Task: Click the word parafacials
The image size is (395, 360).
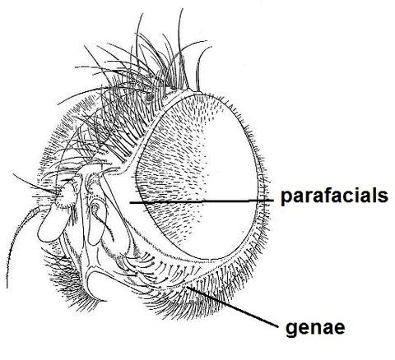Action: click(334, 196)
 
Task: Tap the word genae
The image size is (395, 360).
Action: click(315, 328)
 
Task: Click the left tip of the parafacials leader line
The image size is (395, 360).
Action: click(130, 203)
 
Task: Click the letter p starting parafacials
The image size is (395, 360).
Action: click(286, 198)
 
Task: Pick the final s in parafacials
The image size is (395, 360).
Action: click(383, 196)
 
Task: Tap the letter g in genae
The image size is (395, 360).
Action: click(291, 330)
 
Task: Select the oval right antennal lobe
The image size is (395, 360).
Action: click(96, 224)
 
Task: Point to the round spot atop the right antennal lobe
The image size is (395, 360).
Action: click(95, 206)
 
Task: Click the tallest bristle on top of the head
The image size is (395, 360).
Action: click(183, 48)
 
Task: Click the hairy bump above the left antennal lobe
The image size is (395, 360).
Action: click(65, 196)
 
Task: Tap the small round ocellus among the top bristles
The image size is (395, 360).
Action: click(150, 96)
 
